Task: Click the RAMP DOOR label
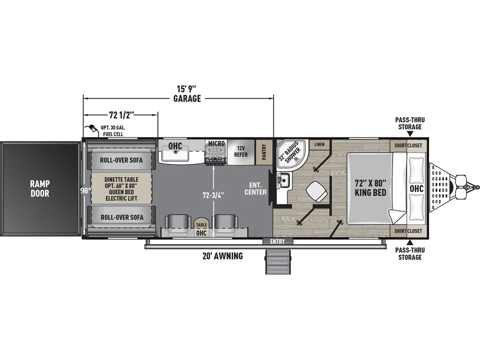pyautogui.click(x=40, y=189)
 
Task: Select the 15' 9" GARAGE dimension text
pyautogui.click(x=187, y=94)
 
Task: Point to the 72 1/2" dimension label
pyautogui.click(x=121, y=115)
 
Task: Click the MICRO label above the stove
pyautogui.click(x=216, y=143)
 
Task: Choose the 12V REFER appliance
pyautogui.click(x=241, y=152)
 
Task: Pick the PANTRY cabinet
pyautogui.click(x=264, y=152)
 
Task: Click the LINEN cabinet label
pyautogui.click(x=319, y=144)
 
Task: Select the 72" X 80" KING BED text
pyautogui.click(x=370, y=188)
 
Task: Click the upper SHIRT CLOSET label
pyautogui.click(x=408, y=146)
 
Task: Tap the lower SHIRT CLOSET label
pyautogui.click(x=408, y=231)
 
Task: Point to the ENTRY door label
pyautogui.click(x=277, y=241)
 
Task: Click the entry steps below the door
pyautogui.click(x=277, y=261)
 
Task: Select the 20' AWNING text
pyautogui.click(x=223, y=256)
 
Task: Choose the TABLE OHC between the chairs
pyautogui.click(x=201, y=228)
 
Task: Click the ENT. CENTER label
pyautogui.click(x=255, y=189)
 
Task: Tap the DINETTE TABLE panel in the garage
pyautogui.click(x=121, y=189)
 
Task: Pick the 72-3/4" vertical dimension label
pyautogui.click(x=214, y=195)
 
